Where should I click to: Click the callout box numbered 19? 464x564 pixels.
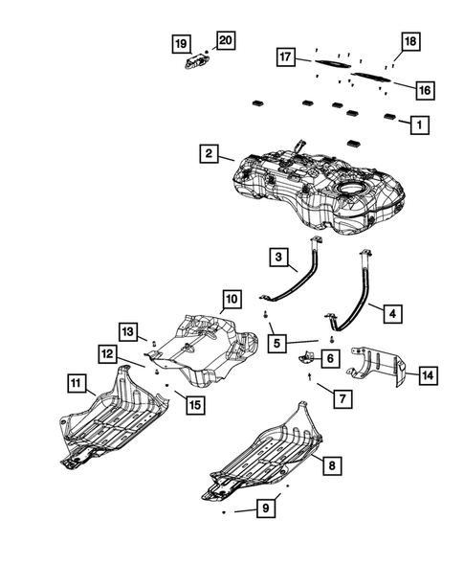[x=181, y=44]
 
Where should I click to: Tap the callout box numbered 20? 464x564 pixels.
[x=226, y=40]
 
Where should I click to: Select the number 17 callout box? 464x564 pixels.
[x=286, y=56]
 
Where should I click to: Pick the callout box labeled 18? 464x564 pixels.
[x=410, y=41]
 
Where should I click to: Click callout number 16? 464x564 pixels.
[x=425, y=90]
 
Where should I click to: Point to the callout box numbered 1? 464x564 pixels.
[x=419, y=124]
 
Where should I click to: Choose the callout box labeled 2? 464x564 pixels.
[x=210, y=153]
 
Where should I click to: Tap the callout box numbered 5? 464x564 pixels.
[x=276, y=343]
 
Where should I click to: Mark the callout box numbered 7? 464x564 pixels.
[x=342, y=398]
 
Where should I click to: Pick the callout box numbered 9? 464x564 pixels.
[x=266, y=508]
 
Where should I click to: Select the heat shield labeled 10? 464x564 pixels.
[x=207, y=350]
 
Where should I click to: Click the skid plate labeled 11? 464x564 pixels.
[x=113, y=417]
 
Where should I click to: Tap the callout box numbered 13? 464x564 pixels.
[x=128, y=331]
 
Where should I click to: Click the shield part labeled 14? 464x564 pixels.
[x=377, y=365]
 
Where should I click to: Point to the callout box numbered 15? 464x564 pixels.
[x=195, y=405]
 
